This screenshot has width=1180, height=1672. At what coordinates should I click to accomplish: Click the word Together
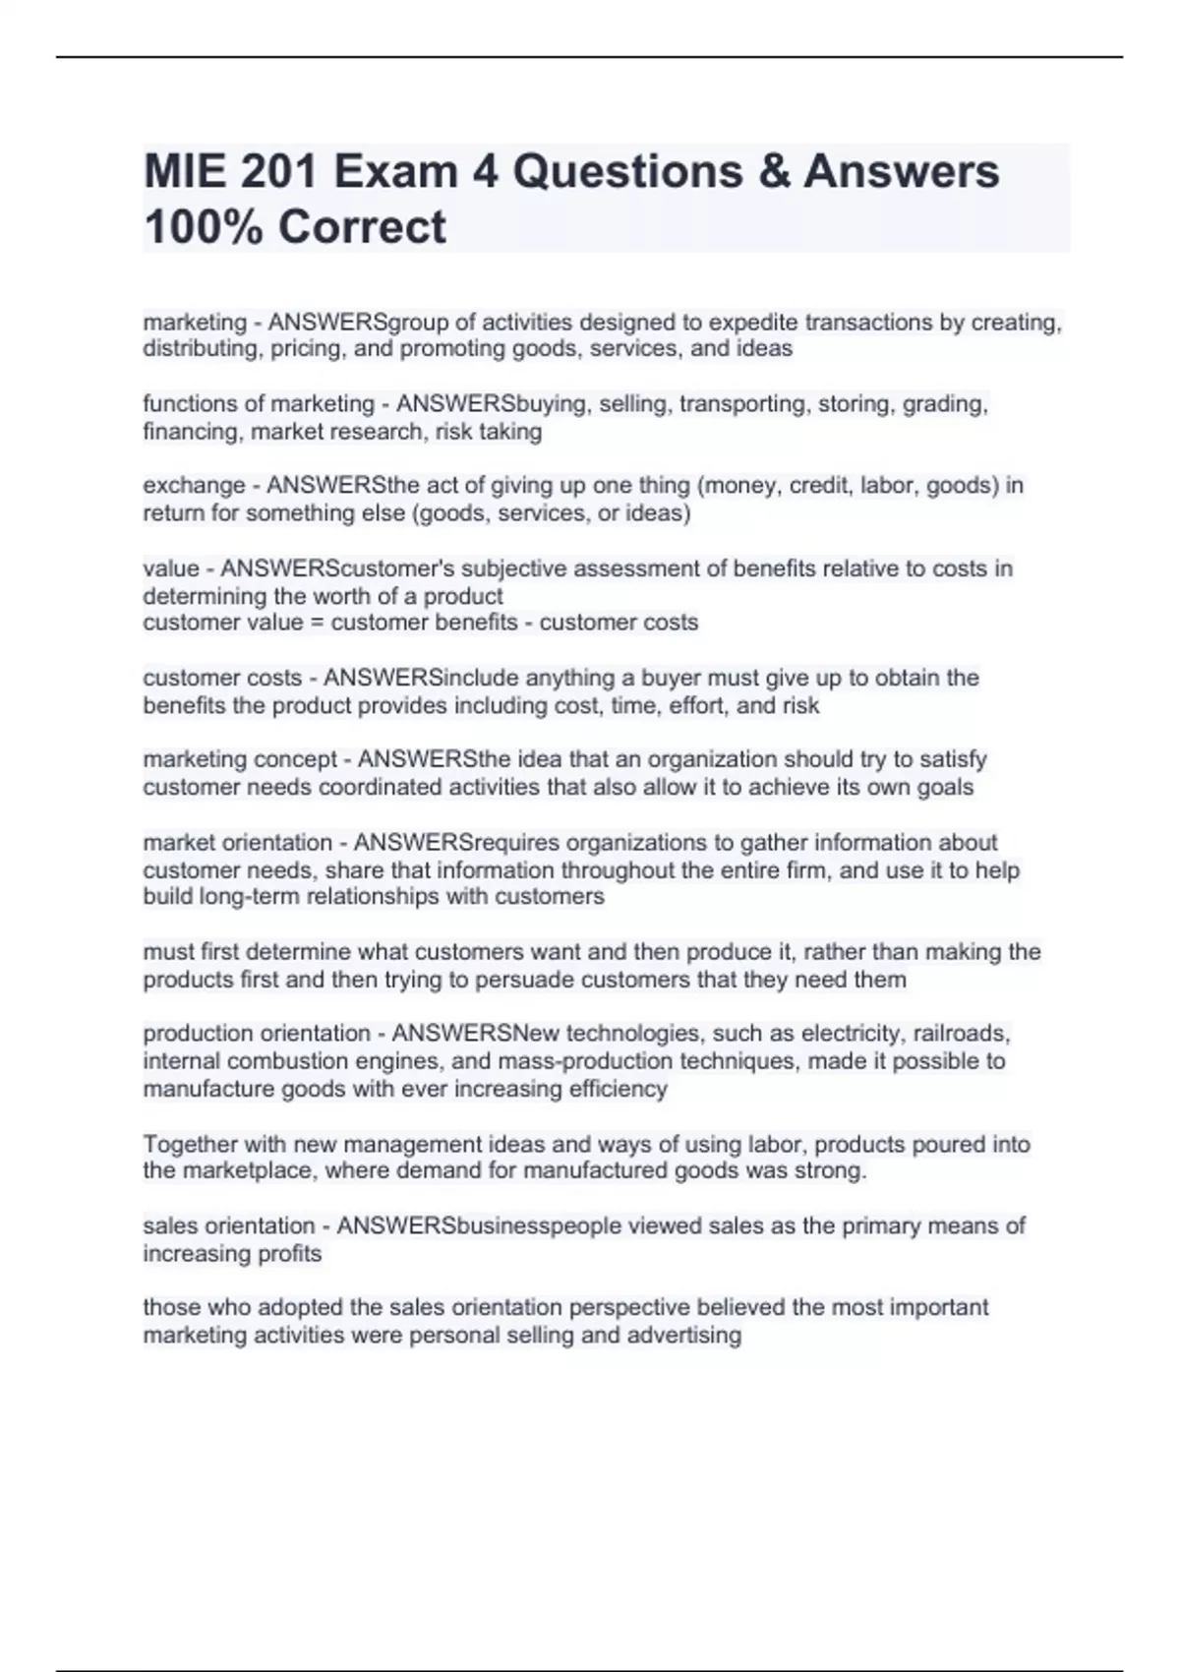pyautogui.click(x=190, y=1144)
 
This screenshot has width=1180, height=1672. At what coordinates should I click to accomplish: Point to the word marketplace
pyautogui.click(x=242, y=1170)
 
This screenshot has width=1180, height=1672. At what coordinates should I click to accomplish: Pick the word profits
pyautogui.click(x=288, y=1254)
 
